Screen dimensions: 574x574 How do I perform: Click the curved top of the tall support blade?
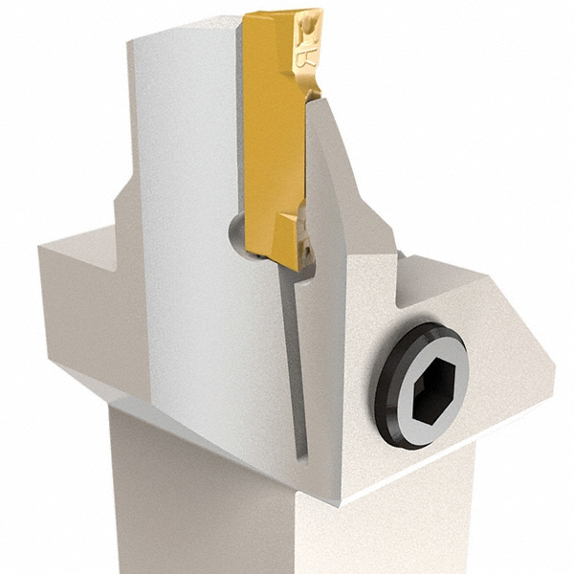click(182, 33)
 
